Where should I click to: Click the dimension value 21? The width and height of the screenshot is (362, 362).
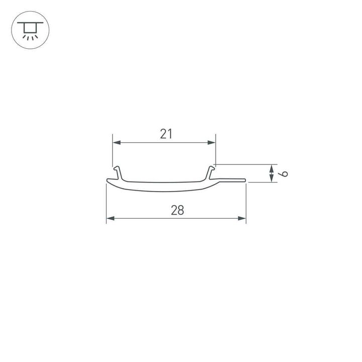[x=166, y=134]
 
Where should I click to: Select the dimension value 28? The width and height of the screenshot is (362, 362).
[x=177, y=210]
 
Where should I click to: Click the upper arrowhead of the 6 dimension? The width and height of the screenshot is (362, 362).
[x=271, y=167]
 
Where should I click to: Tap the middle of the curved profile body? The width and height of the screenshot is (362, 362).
[x=166, y=186]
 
